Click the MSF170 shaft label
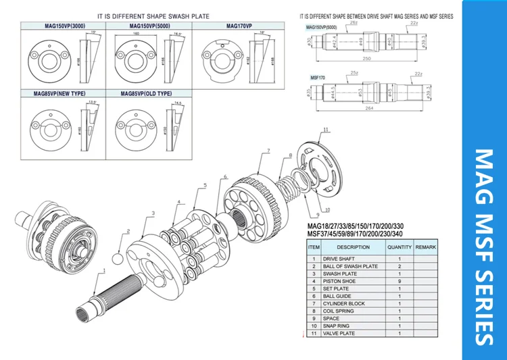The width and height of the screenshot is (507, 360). (x=318, y=78)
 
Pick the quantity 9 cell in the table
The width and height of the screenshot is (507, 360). (x=399, y=281)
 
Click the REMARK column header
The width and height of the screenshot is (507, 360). (x=426, y=247)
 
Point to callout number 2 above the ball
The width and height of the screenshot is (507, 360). (x=126, y=232)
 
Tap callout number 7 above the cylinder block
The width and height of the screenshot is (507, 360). (x=268, y=150)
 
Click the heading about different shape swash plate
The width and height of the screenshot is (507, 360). (x=153, y=16)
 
